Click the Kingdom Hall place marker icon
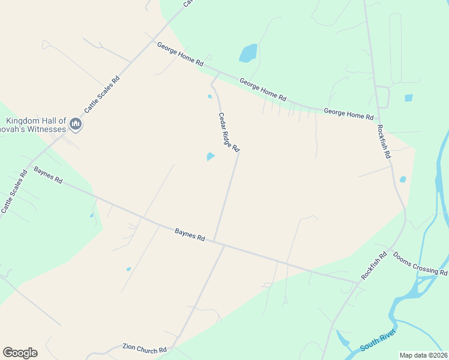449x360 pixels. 76,124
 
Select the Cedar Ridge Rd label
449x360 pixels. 229,132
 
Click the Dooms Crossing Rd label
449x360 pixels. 420,263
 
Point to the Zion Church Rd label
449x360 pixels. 144,349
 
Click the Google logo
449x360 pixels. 20,353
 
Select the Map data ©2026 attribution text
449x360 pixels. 424,355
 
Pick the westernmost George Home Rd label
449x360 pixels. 180,54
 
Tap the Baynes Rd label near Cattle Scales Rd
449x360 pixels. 48,175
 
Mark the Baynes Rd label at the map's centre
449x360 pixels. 190,234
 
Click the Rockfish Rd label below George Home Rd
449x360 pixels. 384,141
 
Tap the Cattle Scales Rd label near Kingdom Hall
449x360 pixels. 101,94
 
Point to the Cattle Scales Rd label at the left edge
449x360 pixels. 14,191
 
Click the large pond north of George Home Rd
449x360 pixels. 248,53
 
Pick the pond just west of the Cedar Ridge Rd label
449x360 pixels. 210,157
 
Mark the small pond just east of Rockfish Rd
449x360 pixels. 403,179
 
